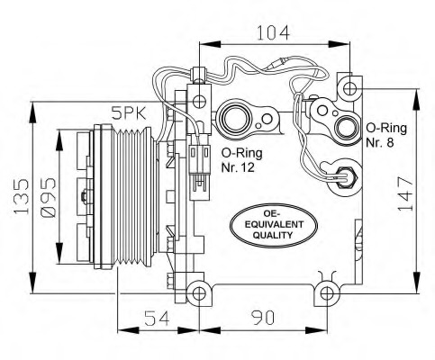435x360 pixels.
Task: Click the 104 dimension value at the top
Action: [273, 32]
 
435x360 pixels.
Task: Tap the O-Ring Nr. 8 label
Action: [386, 135]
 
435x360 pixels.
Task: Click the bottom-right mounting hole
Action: [328, 292]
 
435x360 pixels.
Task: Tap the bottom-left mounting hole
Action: [197, 291]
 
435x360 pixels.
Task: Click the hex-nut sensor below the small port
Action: [344, 174]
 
